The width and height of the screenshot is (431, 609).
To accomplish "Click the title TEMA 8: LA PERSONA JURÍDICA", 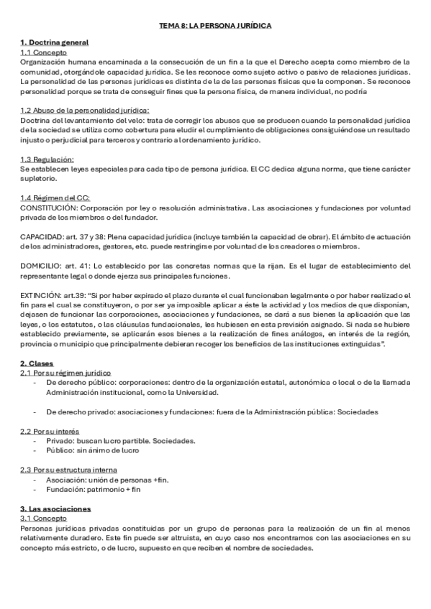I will click(x=215, y=26).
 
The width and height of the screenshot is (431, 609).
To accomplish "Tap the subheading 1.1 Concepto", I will click(x=43, y=52).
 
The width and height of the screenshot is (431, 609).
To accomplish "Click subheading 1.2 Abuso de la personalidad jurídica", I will click(x=84, y=110).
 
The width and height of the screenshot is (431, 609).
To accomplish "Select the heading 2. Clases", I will click(x=35, y=363).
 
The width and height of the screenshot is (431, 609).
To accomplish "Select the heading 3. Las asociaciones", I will click(x=50, y=508).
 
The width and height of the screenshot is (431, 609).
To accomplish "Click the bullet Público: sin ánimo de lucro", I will click(x=92, y=450).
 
